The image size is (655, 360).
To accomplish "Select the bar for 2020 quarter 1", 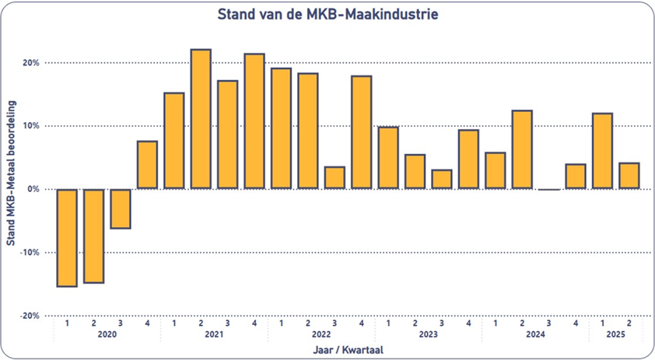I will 67,237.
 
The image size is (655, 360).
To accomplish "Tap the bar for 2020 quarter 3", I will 121,208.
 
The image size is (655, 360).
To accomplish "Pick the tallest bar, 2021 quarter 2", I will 201,119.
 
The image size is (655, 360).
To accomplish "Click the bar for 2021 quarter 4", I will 254,121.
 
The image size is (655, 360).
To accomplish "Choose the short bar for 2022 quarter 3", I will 335,177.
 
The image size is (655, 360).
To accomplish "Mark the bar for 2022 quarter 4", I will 361,132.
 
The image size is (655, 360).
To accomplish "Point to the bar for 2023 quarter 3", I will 441,179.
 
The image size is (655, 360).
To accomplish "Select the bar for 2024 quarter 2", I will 522,149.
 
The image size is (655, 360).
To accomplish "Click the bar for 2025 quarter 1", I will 602,151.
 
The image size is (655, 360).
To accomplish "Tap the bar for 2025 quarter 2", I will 629,176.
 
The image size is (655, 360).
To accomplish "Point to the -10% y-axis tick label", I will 30,253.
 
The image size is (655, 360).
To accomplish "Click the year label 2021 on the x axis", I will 214,335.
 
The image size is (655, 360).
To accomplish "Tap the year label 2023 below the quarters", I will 428,335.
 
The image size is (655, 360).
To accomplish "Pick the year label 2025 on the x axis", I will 615,335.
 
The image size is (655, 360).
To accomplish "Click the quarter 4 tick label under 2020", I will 147,322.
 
